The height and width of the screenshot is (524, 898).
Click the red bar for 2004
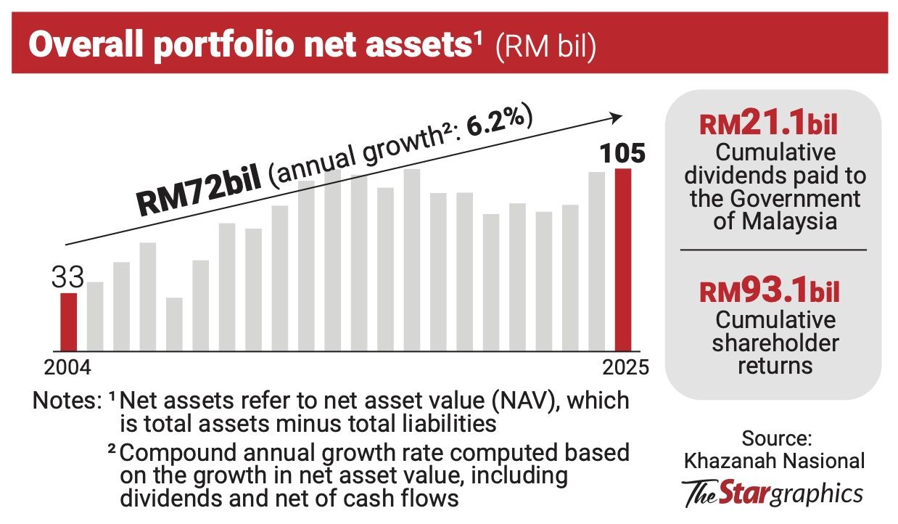click(x=68, y=322)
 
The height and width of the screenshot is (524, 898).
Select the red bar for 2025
click(x=623, y=260)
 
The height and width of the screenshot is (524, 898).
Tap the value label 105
click(x=622, y=155)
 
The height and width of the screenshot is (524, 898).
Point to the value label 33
click(x=67, y=277)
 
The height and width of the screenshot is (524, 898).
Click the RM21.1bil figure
click(x=768, y=124)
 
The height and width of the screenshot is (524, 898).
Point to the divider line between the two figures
click(x=773, y=250)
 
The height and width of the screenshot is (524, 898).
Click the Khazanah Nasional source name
click(x=775, y=460)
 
